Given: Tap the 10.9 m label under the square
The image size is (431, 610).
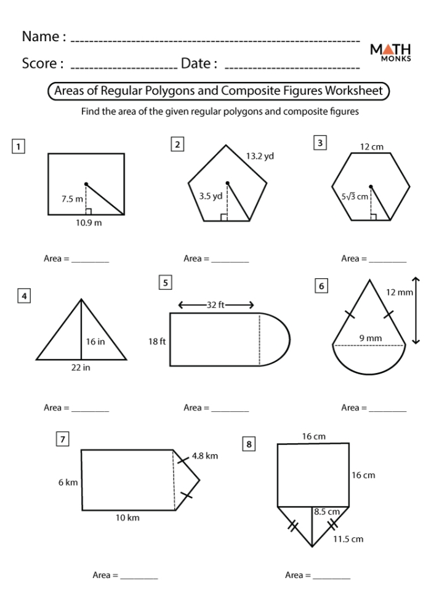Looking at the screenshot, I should (x=89, y=223).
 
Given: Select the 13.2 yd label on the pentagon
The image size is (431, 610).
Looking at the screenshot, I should (x=260, y=156).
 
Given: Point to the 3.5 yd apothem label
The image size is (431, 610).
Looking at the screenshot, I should (x=211, y=196).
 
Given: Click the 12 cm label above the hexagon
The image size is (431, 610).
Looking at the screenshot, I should (x=371, y=147).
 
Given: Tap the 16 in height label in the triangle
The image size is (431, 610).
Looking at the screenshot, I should (x=95, y=342).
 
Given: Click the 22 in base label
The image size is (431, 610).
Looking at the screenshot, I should (x=82, y=367).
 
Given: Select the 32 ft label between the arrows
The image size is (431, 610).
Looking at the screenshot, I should (x=216, y=304).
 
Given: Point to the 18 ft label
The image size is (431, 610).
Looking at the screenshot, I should (x=157, y=341).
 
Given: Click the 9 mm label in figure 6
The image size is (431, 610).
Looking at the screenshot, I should (x=371, y=338).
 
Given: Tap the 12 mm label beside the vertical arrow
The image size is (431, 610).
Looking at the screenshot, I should (x=400, y=292).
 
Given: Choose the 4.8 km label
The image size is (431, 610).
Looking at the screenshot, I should (x=204, y=456).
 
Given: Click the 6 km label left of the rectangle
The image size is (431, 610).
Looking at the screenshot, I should (x=68, y=483).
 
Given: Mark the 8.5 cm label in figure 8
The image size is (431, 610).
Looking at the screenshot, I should (x=326, y=512).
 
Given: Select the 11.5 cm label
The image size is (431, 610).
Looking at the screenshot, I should (x=348, y=539).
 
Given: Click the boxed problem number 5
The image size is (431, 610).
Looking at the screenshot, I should (x=165, y=283).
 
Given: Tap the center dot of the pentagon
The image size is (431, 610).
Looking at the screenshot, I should (x=228, y=183).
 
